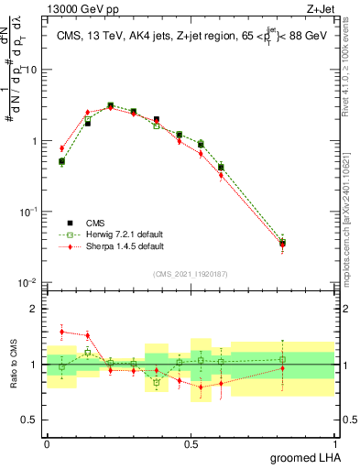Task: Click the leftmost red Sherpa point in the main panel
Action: pyautogui.click(x=61, y=147)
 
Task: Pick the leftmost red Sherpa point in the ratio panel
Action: pyautogui.click(x=61, y=332)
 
